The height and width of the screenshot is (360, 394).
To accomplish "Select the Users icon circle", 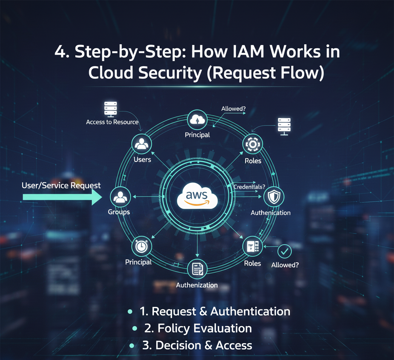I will pos(142,144).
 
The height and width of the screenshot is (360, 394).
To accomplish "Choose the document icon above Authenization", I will pos(197,269).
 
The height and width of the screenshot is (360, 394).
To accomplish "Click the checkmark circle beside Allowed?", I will pos(285,252).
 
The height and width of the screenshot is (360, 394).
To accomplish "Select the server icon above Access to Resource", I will pos(111,109).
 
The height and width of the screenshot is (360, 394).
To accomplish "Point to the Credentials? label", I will pos(249,187).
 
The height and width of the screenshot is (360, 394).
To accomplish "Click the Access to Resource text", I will pos(112,122).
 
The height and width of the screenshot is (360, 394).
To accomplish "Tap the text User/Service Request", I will pos(61,185).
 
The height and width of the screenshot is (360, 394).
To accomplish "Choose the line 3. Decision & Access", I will pos(197,345).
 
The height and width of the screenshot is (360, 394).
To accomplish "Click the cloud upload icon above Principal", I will pos(197,120).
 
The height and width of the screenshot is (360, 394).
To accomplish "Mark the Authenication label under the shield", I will pos(270,213).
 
